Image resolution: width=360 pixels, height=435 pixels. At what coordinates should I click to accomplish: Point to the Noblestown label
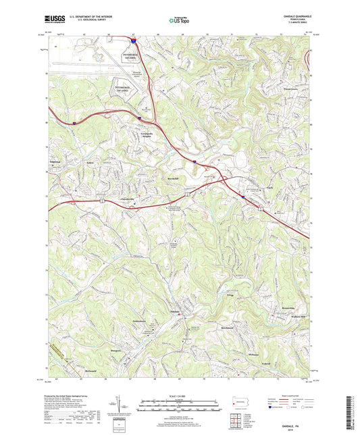pos(140,321)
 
